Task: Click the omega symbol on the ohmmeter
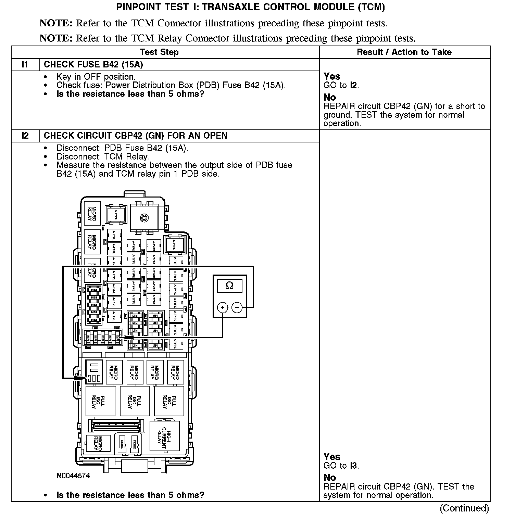click(230, 286)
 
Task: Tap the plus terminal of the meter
click(223, 307)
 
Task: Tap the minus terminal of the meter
click(237, 307)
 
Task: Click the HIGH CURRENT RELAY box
click(165, 435)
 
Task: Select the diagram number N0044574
click(73, 476)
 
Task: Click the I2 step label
click(25, 136)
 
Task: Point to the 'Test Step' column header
click(159, 52)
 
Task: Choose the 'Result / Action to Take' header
click(404, 52)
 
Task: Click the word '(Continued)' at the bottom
click(464, 508)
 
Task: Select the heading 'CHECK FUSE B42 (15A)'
click(93, 64)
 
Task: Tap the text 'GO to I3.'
click(341, 466)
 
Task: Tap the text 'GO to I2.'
click(341, 85)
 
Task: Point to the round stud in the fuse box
click(144, 217)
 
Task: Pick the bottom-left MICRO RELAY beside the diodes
click(98, 444)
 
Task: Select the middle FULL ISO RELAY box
click(135, 401)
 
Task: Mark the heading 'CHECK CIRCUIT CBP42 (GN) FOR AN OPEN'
click(136, 136)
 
